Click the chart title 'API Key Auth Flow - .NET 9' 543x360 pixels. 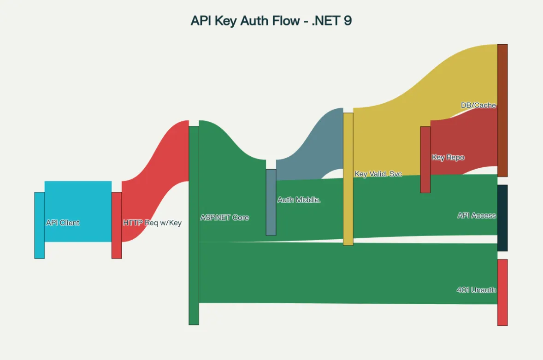pos(271,21)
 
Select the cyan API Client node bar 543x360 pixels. pos(40,225)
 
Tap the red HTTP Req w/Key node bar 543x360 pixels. pos(117,225)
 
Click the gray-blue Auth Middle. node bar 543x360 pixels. pos(271,217)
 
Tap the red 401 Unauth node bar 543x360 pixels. pos(502,309)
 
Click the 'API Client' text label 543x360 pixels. pos(63,223)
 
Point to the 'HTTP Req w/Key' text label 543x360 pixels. pos(152,223)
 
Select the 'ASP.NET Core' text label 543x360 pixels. pos(224,218)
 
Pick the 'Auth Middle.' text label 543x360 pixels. pos(299,200)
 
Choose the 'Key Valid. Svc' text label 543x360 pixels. pos(378,174)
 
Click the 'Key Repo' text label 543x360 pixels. pos(448,157)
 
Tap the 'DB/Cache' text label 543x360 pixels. pos(478,105)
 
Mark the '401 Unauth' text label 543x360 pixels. pos(476,290)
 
